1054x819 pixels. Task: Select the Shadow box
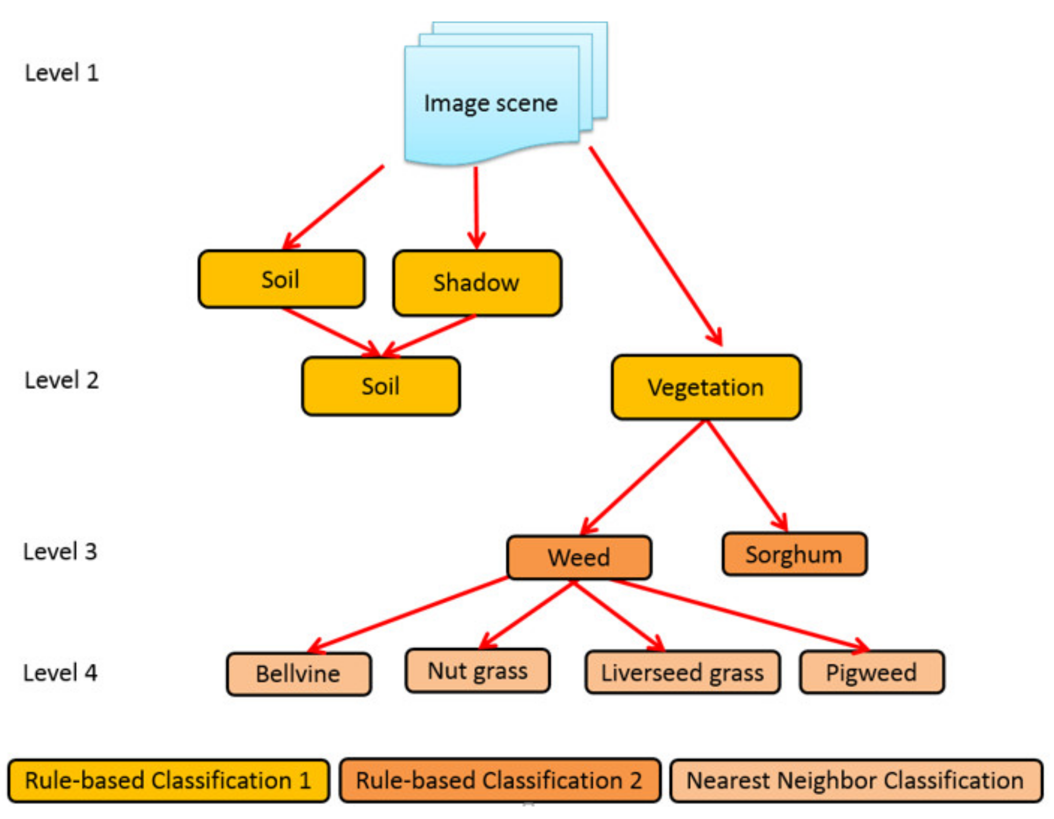pyautogui.click(x=477, y=283)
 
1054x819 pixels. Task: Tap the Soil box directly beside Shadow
pyautogui.click(x=281, y=279)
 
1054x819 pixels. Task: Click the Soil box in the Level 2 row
pyautogui.click(x=381, y=386)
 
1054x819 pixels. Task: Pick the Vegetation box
pyautogui.click(x=706, y=387)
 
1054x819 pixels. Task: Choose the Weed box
pyautogui.click(x=579, y=557)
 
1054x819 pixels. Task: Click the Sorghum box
pyautogui.click(x=794, y=554)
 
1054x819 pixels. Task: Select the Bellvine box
pyautogui.click(x=299, y=674)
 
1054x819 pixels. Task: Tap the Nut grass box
pyautogui.click(x=477, y=671)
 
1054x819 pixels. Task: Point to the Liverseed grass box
pyautogui.click(x=683, y=672)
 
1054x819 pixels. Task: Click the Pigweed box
pyautogui.click(x=871, y=672)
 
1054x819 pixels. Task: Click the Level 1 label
pyautogui.click(x=62, y=73)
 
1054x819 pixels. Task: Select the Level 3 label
pyautogui.click(x=60, y=552)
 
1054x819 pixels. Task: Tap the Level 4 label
pyautogui.click(x=60, y=673)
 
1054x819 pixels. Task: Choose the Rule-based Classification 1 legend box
pyautogui.click(x=168, y=781)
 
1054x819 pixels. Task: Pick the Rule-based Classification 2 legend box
pyautogui.click(x=499, y=781)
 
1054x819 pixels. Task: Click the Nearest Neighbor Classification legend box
pyautogui.click(x=855, y=781)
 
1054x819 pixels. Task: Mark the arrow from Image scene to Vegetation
pyautogui.click(x=655, y=245)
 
